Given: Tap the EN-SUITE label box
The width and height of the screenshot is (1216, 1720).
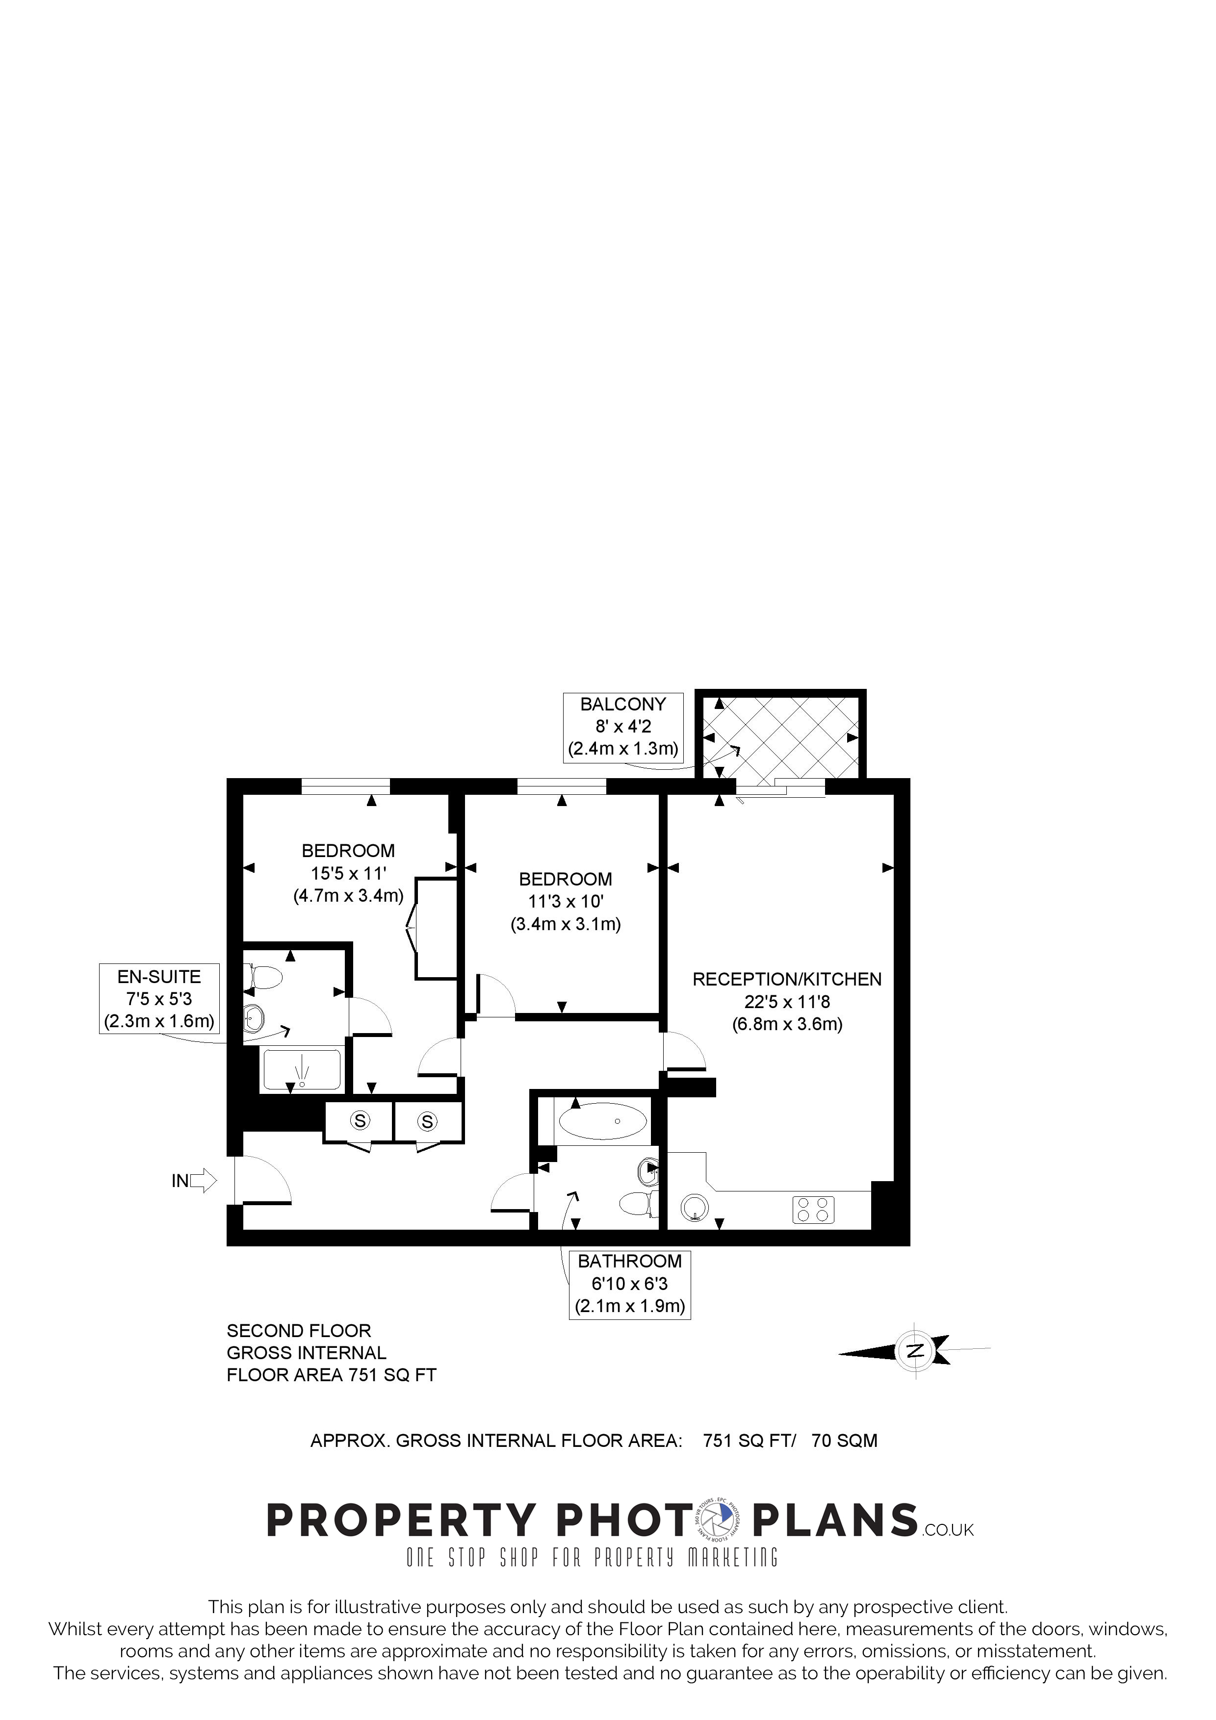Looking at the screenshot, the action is [159, 999].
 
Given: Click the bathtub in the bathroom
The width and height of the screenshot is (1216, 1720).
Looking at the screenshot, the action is [603, 1121].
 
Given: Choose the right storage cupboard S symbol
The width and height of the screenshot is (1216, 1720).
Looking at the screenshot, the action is [427, 1121].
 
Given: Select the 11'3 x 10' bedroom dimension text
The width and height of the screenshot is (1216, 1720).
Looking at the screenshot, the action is [566, 901].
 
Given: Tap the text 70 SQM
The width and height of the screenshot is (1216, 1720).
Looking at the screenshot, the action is [844, 1441].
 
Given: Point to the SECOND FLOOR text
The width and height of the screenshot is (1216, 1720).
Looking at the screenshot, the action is [299, 1331].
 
